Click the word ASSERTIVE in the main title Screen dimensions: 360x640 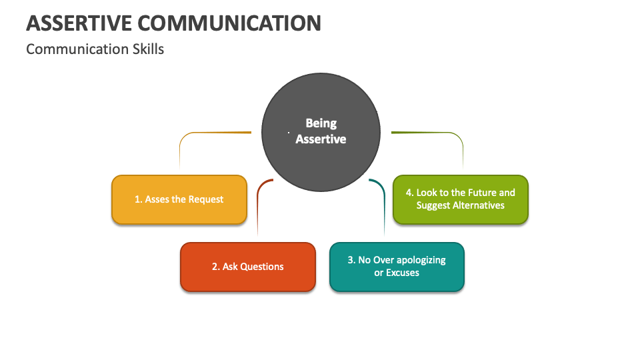(79, 23)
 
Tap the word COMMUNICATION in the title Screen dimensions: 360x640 (229, 23)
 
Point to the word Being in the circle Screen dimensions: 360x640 (321, 123)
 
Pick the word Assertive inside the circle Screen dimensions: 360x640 (321, 139)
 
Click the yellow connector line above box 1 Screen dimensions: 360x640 (200, 134)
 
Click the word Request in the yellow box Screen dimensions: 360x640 (206, 199)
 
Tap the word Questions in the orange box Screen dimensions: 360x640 (261, 267)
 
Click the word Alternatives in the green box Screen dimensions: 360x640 (478, 205)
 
